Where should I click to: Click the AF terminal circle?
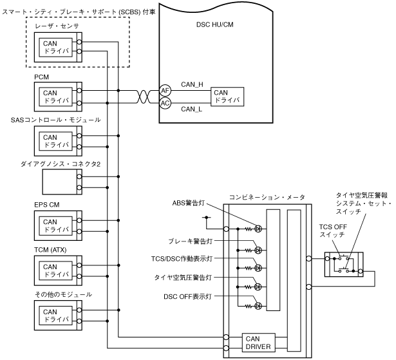(165, 91)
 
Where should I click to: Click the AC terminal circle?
(165, 103)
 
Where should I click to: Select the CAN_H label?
(192, 85)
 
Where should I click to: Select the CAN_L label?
(192, 109)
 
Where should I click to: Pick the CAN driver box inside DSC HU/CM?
(229, 97)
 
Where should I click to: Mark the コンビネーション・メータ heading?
(267, 196)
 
